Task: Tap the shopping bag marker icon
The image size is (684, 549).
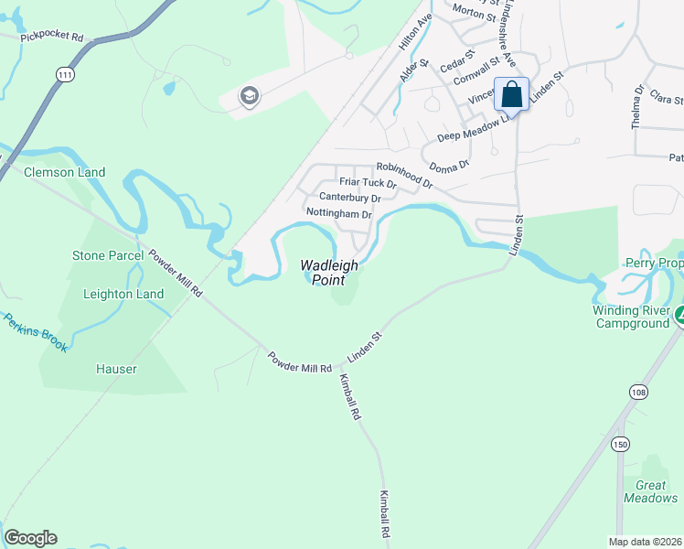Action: point(512,93)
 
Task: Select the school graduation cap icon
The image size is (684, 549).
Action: point(248,96)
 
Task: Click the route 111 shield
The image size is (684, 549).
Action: point(64,75)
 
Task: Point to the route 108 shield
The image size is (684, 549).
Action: point(638,393)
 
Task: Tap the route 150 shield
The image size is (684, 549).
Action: point(621,444)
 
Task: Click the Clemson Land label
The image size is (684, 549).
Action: point(64,172)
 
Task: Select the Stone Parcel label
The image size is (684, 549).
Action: point(108,255)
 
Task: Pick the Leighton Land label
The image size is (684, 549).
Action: point(123,294)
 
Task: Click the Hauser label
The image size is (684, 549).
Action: point(116,369)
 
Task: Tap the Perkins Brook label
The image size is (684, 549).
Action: point(34,332)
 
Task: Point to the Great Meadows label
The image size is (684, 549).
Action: point(651,491)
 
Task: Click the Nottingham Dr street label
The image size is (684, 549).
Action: point(339,213)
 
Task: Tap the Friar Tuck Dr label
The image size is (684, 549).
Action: point(368,183)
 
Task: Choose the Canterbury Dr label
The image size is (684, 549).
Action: point(349,198)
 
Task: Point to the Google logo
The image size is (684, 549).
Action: point(30,538)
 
